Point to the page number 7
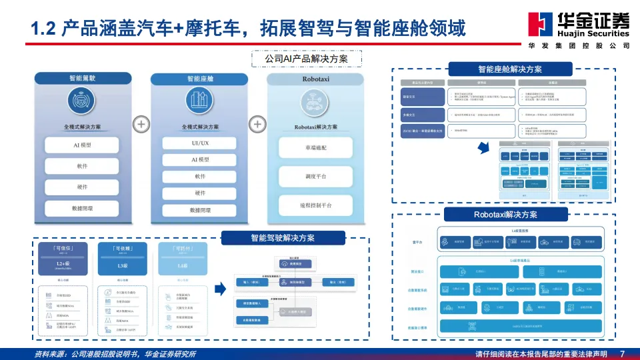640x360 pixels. point(622,353)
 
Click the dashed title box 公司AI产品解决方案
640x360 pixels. point(307,59)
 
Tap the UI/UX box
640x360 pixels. point(195,143)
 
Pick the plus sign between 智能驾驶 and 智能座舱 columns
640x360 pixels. point(141,124)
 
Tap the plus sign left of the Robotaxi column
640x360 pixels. point(257,124)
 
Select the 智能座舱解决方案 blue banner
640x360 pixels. point(509,69)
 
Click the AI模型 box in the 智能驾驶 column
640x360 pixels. point(81,145)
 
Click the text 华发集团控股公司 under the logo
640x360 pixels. point(578,45)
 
